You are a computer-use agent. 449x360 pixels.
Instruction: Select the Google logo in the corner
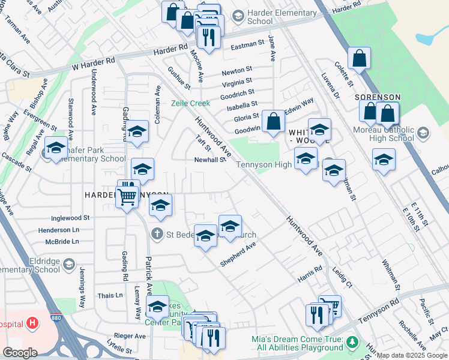click(20, 353)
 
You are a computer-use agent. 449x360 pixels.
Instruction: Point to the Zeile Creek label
click(190, 103)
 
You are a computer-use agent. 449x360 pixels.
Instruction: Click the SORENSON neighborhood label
click(377, 97)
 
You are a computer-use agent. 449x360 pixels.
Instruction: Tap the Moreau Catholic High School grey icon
click(423, 132)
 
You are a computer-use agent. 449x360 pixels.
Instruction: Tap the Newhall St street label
click(209, 160)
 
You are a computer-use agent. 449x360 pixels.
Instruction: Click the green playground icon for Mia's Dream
click(353, 343)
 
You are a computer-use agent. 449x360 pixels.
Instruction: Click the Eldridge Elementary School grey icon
click(68, 264)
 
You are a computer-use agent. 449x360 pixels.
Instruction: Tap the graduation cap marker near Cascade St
click(56, 148)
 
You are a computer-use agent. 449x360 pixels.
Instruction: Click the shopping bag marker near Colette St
click(359, 58)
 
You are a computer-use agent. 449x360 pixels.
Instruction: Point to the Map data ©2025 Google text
click(412, 355)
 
